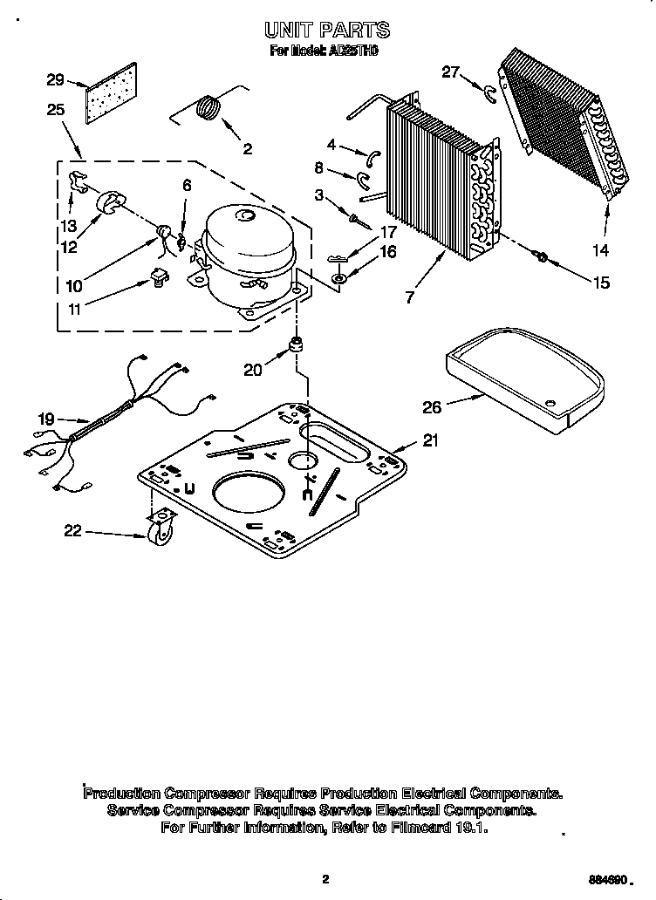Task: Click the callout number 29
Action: pyautogui.click(x=55, y=80)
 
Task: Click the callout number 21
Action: pyautogui.click(x=429, y=440)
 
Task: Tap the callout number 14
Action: pyautogui.click(x=601, y=250)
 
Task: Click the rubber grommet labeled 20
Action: pyautogui.click(x=297, y=344)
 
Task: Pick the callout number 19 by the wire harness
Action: pyautogui.click(x=46, y=419)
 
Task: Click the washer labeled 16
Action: pyautogui.click(x=339, y=278)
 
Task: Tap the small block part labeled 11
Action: pyautogui.click(x=158, y=277)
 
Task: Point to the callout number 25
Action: pyautogui.click(x=56, y=110)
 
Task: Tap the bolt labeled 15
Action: pyautogui.click(x=540, y=256)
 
